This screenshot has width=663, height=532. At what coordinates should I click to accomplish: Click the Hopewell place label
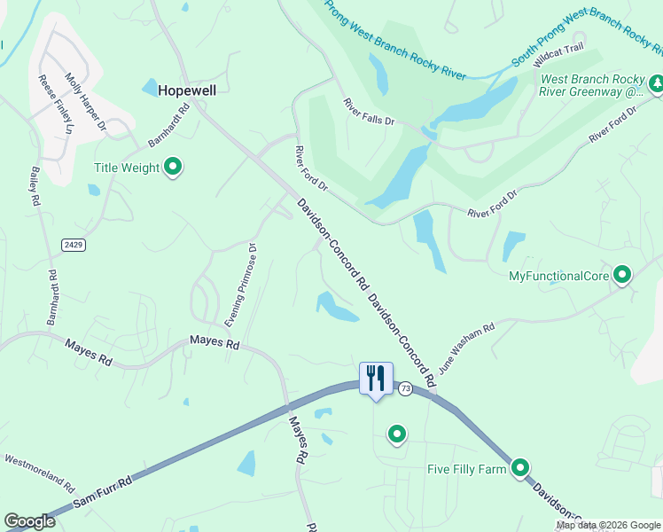pyautogui.click(x=187, y=90)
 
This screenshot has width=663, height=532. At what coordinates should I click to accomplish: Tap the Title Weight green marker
pyautogui.click(x=174, y=167)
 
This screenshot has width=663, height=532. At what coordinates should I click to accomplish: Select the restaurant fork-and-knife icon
pyautogui.click(x=375, y=379)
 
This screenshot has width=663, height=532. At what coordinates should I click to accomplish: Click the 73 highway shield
pyautogui.click(x=405, y=388)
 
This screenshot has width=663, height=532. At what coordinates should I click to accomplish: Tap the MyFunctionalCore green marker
pyautogui.click(x=622, y=276)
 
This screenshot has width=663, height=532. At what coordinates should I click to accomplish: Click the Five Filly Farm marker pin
pyautogui.click(x=520, y=467)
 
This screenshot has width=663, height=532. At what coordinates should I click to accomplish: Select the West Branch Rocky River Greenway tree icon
pyautogui.click(x=657, y=84)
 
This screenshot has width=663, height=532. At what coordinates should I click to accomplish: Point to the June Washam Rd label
pyautogui.click(x=465, y=347)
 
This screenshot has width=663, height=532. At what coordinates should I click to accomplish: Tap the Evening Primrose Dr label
pyautogui.click(x=246, y=283)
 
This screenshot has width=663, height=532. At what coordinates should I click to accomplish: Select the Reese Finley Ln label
pyautogui.click(x=56, y=105)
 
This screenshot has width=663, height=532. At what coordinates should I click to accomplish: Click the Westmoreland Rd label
pyautogui.click(x=40, y=472)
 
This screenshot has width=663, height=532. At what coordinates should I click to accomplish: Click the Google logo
pyautogui.click(x=29, y=521)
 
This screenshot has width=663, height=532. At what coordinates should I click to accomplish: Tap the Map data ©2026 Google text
pyautogui.click(x=608, y=525)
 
